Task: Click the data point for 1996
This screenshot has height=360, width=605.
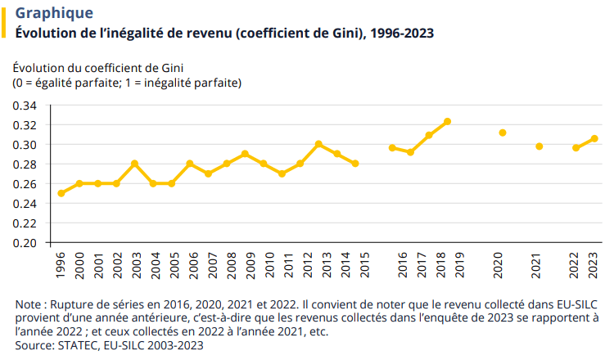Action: pyautogui.click(x=61, y=193)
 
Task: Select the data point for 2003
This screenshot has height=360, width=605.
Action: pyautogui.click(x=134, y=164)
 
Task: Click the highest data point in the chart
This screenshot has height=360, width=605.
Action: pyautogui.click(x=447, y=121)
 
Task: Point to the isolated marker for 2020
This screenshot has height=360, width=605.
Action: pyautogui.click(x=503, y=133)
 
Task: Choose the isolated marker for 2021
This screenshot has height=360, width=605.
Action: pyautogui.click(x=539, y=146)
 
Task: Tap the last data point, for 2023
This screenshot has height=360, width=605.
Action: pyautogui.click(x=594, y=138)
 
